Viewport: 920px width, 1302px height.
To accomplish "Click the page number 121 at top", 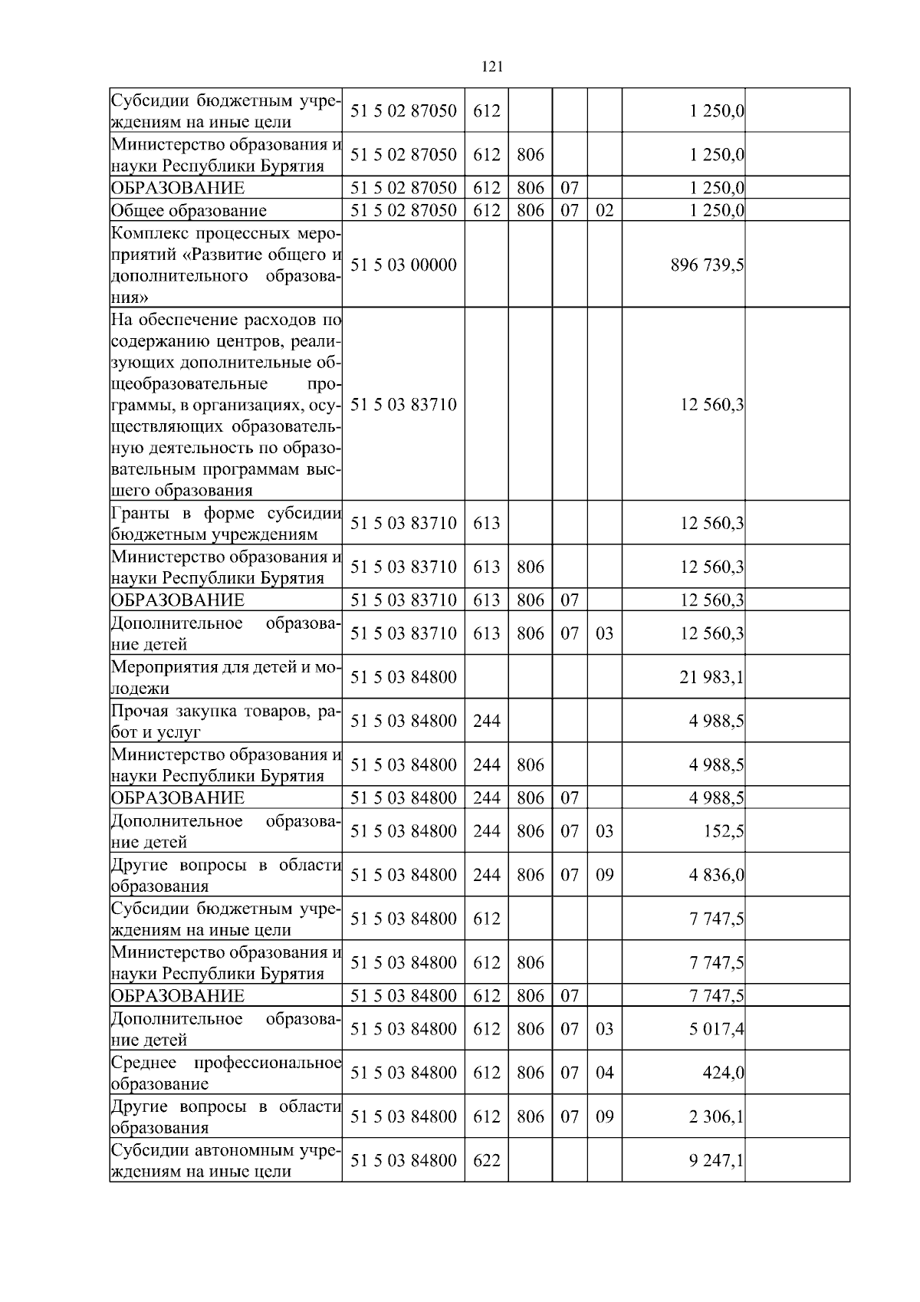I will tap(491, 67).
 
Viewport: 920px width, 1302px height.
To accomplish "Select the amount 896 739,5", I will tap(707, 265).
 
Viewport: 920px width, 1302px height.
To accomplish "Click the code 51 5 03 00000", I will tap(403, 265).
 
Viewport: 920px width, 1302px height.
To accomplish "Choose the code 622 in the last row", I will tap(487, 1161).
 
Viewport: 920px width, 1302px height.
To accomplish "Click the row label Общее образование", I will tap(189, 211).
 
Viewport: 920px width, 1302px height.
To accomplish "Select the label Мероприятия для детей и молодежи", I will tap(225, 678).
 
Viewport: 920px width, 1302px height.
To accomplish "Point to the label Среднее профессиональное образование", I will tap(225, 1073).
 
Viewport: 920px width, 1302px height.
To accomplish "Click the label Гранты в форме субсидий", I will tap(225, 524).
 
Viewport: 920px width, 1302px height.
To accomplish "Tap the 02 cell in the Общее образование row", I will tap(605, 211).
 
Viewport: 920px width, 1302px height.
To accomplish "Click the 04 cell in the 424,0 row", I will tap(605, 1073).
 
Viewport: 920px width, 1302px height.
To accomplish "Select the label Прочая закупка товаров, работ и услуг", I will tap(225, 722).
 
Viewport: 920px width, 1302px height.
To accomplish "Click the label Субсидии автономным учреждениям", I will tap(225, 1161).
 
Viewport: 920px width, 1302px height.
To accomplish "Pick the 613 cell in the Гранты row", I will tap(487, 524).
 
